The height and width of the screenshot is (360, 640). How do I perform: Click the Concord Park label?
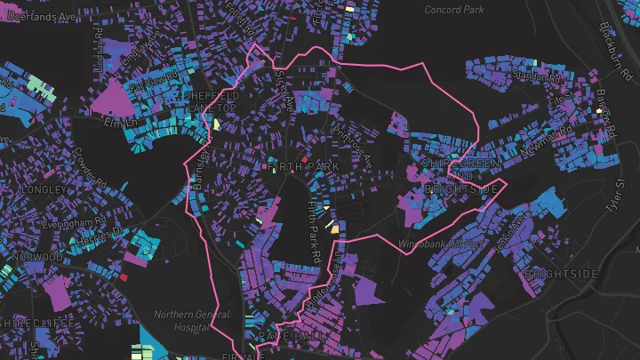[x=455, y=9]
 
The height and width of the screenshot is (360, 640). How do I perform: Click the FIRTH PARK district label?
[x=291, y=166]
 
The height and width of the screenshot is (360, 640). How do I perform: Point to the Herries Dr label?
[x=101, y=237]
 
